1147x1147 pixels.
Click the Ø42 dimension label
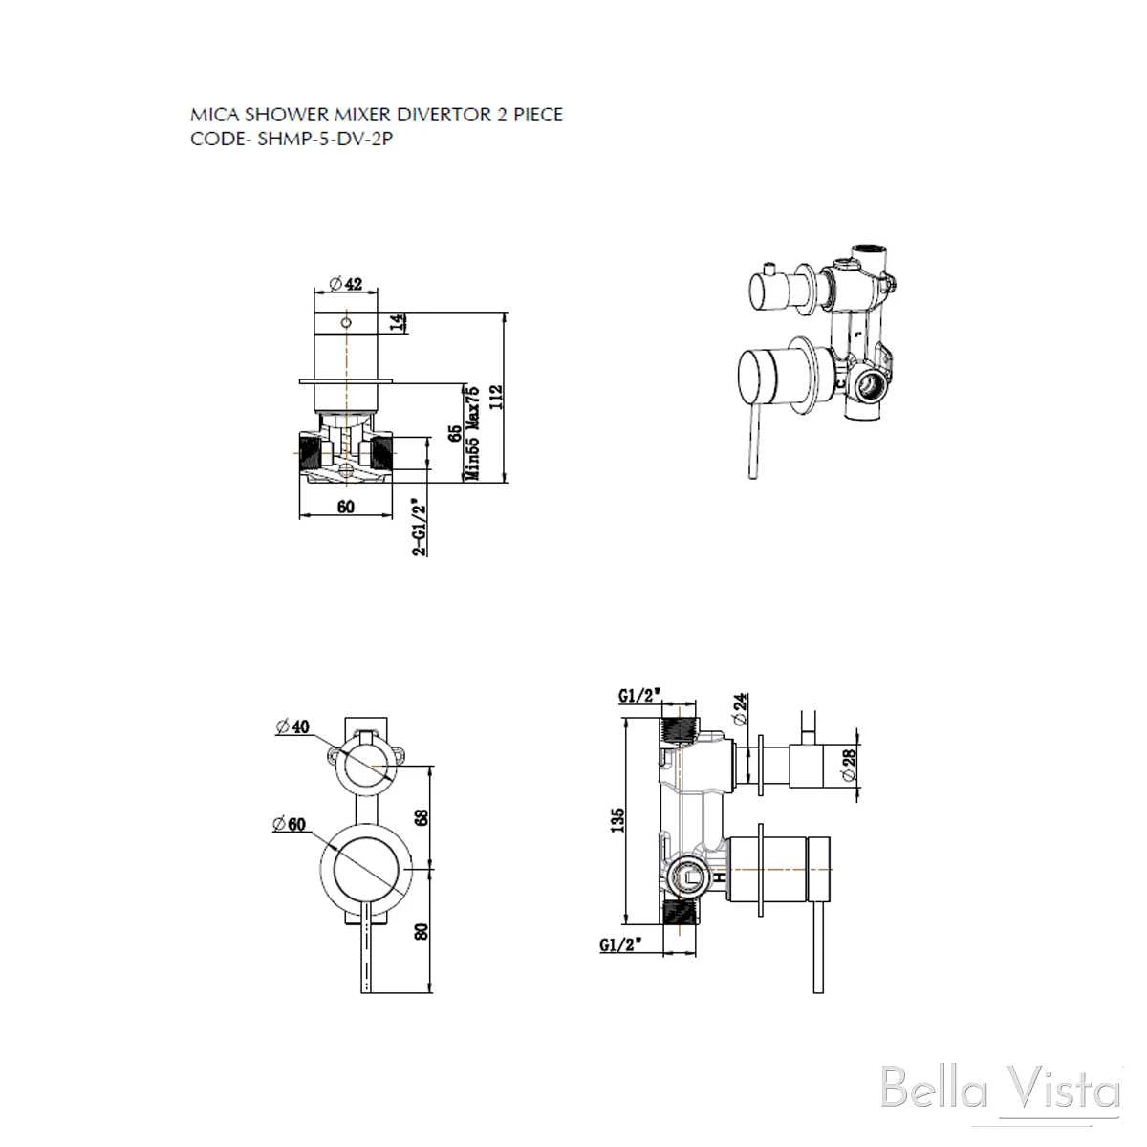(x=345, y=284)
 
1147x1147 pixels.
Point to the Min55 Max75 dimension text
(x=473, y=433)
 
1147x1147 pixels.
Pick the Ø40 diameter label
(x=292, y=726)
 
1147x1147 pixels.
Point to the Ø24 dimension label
(x=741, y=709)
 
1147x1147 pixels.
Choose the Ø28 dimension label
(x=848, y=765)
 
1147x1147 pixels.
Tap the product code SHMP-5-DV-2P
(x=325, y=139)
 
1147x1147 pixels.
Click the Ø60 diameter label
(x=290, y=824)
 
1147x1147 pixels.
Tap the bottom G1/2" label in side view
(x=622, y=944)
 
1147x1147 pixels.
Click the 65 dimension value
(x=455, y=433)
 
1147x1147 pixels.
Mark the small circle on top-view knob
(x=346, y=323)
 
